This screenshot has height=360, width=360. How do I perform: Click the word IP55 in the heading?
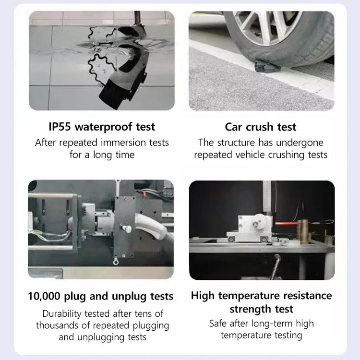click(60, 127)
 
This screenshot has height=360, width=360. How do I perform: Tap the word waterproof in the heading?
click(104, 127)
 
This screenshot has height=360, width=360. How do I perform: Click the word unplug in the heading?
click(129, 297)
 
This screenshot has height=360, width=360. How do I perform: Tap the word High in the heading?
click(203, 296)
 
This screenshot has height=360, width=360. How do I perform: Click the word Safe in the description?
click(218, 324)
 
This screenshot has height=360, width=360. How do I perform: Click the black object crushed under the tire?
click(267, 66)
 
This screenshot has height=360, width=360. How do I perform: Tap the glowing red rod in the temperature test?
click(286, 223)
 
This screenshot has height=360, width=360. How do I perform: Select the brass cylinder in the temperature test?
click(303, 231)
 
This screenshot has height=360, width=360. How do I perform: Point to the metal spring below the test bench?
click(276, 266)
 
